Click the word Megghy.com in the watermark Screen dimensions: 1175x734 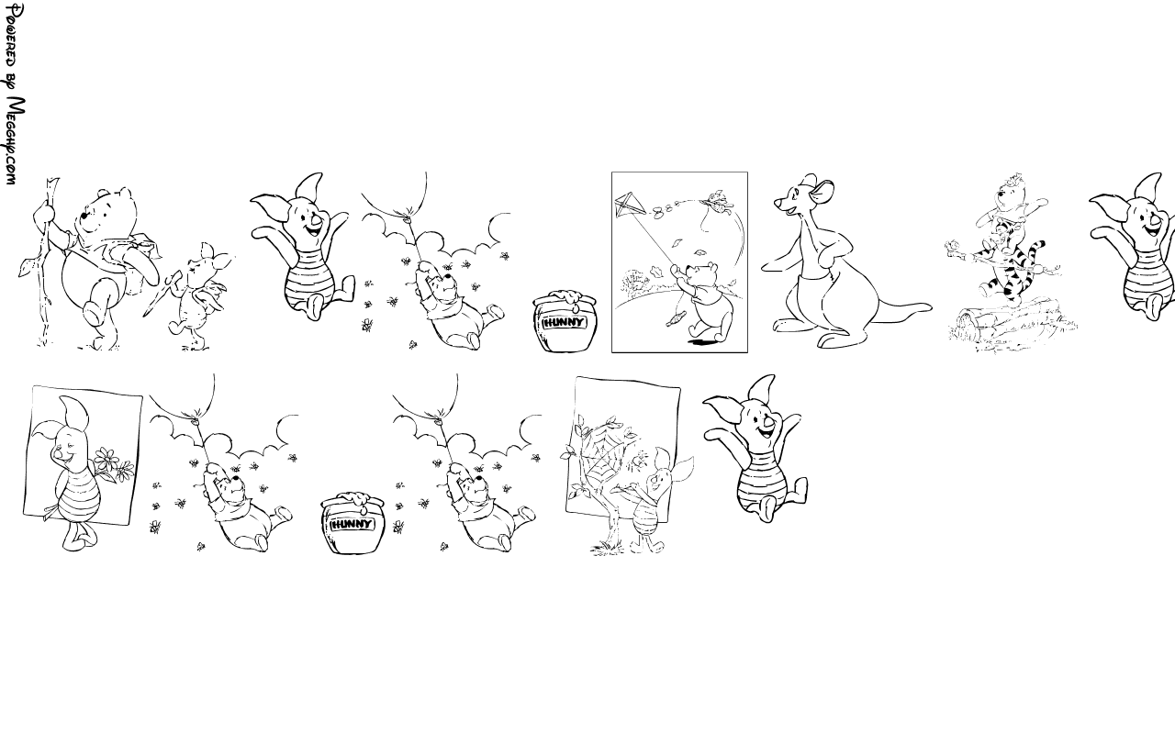[16, 140]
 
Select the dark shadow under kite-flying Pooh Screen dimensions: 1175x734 [704, 342]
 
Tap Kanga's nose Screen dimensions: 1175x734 [778, 202]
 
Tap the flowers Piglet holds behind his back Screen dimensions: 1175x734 [112, 464]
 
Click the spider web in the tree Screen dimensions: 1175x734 [603, 461]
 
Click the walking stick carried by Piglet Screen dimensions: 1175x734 [160, 294]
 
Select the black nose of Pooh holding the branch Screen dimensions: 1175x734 [84, 216]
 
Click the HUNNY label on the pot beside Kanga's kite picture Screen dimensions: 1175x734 [564, 322]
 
